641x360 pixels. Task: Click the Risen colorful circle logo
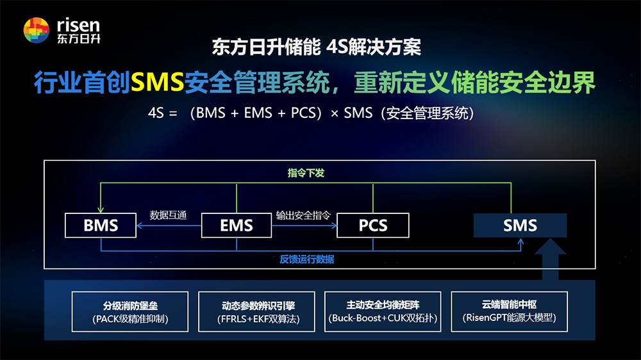pyautogui.click(x=37, y=30)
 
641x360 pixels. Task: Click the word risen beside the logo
pyautogui.click(x=78, y=26)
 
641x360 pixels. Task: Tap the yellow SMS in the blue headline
pyautogui.click(x=158, y=82)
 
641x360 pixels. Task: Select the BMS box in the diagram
pyautogui.click(x=101, y=225)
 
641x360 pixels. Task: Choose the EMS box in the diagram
pyautogui.click(x=237, y=225)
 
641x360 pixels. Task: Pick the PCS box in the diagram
pyautogui.click(x=373, y=225)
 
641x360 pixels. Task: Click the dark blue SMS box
pyautogui.click(x=520, y=225)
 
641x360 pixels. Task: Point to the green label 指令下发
pyautogui.click(x=306, y=173)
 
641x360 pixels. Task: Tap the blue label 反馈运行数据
pyautogui.click(x=306, y=259)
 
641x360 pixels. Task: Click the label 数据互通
pyautogui.click(x=168, y=215)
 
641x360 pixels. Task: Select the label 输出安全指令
pyautogui.click(x=303, y=215)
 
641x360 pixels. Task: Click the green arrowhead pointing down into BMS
pyautogui.click(x=101, y=209)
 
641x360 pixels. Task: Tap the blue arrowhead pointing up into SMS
pyautogui.click(x=520, y=242)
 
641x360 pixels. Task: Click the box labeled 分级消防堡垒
pyautogui.click(x=130, y=312)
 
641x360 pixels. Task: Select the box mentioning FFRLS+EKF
pyautogui.click(x=256, y=312)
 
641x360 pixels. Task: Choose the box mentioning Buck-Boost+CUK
pyautogui.click(x=383, y=312)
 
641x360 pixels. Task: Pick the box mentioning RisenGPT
pyautogui.click(x=510, y=312)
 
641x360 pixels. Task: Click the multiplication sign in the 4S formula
pyautogui.click(x=335, y=113)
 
